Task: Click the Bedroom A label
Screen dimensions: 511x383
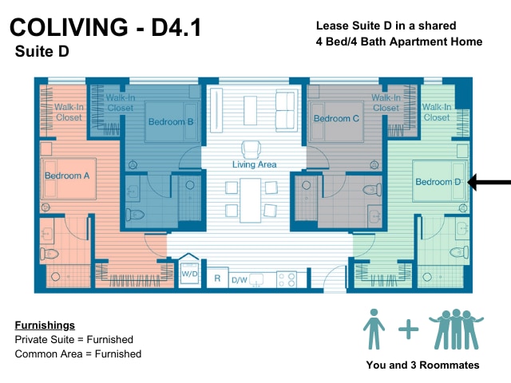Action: click(67, 176)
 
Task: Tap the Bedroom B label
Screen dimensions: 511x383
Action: click(171, 122)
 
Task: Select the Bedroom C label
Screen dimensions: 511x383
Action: click(336, 119)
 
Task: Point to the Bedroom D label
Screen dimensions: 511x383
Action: click(438, 182)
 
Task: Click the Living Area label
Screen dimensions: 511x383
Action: click(254, 164)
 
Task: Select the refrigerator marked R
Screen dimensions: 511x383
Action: click(217, 278)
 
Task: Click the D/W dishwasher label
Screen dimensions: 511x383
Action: click(240, 280)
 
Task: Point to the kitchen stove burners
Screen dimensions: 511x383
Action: click(287, 279)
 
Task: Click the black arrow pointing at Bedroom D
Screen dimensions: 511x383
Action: click(489, 182)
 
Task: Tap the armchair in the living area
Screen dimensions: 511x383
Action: click(251, 150)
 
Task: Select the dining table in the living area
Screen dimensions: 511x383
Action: click(250, 200)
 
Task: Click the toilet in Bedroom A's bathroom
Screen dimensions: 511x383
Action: click(50, 254)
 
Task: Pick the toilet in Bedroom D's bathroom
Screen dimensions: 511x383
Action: click(459, 252)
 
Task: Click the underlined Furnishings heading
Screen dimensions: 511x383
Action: click(45, 325)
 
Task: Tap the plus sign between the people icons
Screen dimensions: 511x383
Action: click(408, 330)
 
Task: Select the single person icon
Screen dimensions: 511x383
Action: click(374, 329)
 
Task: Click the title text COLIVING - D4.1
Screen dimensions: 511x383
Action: click(105, 27)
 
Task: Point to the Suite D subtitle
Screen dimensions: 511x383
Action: click(42, 51)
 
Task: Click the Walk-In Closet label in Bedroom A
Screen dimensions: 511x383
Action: click(69, 112)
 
